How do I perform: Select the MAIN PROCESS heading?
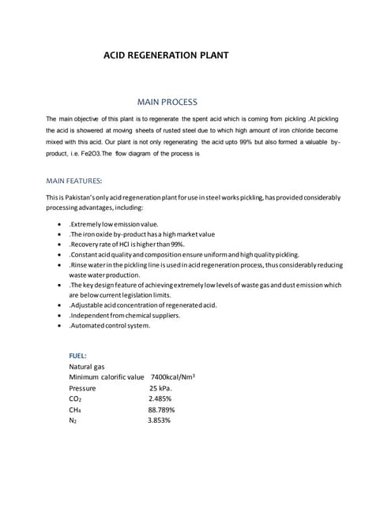pyautogui.click(x=167, y=102)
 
